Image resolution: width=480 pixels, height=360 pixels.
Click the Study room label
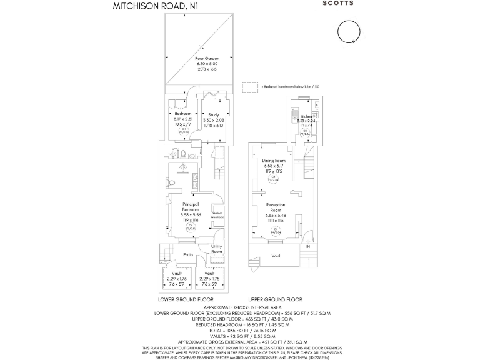tap(214, 115)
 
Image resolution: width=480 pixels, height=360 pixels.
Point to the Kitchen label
tap(306, 116)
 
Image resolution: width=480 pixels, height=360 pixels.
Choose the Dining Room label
tap(274, 161)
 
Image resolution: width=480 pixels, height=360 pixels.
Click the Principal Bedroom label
tap(191, 207)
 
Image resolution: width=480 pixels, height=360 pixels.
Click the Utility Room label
tap(217, 249)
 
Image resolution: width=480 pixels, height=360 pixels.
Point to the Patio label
tap(187, 254)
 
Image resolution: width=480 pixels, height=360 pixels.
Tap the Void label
tap(276, 256)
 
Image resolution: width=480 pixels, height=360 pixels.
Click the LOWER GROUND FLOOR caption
tap(190, 300)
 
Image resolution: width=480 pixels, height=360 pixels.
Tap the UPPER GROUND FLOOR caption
tap(276, 300)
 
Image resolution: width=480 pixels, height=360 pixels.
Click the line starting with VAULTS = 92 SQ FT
tap(240, 334)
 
